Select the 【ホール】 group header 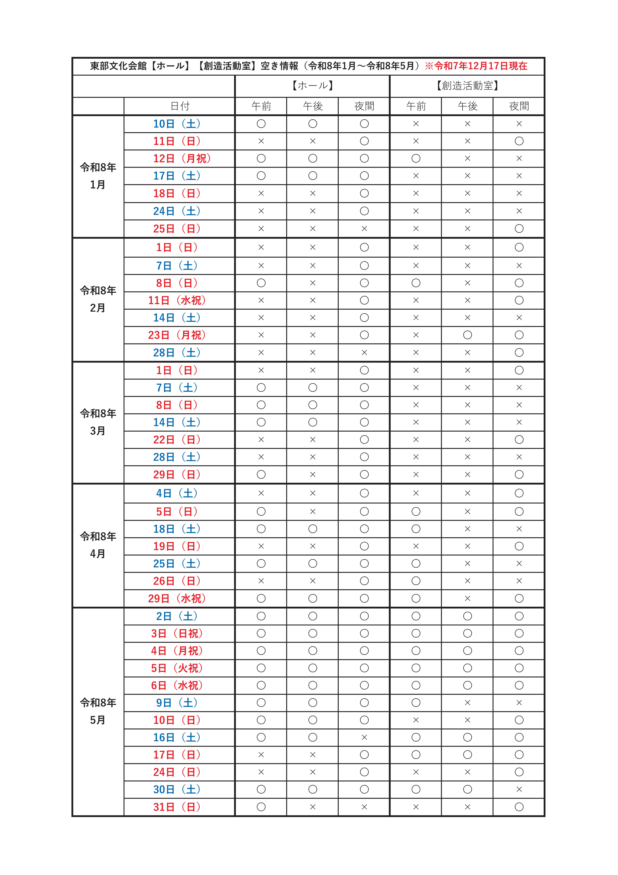coord(312,86)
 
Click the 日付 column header coord(179,106)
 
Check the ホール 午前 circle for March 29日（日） coord(261,474)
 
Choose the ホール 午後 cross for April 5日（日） coord(312,511)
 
